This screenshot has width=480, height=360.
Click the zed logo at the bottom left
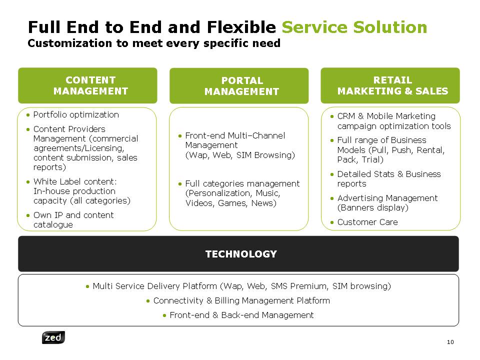coord(53,337)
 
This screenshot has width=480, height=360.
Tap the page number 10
coord(450,342)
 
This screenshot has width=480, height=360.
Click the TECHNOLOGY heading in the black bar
coord(241,254)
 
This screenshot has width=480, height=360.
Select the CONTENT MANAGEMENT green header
coord(87,85)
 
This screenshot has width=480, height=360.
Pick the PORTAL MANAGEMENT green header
coord(239,85)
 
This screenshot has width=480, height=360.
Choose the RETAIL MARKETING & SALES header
coord(390,85)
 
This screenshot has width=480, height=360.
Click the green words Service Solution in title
coord(354,27)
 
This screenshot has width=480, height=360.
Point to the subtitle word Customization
coord(70,43)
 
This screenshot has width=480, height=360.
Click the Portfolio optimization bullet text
coord(76,115)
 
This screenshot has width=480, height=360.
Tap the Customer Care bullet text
coord(367,222)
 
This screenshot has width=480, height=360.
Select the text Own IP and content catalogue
coord(73,220)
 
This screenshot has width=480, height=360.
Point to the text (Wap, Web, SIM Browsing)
coord(240,155)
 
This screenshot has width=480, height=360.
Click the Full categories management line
coord(242,183)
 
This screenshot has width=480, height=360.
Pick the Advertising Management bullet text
coord(387,198)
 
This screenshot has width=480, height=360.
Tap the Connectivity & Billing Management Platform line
coord(242,300)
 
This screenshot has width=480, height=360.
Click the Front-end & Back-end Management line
coord(242,315)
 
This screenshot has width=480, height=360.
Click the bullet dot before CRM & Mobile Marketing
coord(332,116)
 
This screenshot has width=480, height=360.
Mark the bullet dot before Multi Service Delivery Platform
coord(87,286)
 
